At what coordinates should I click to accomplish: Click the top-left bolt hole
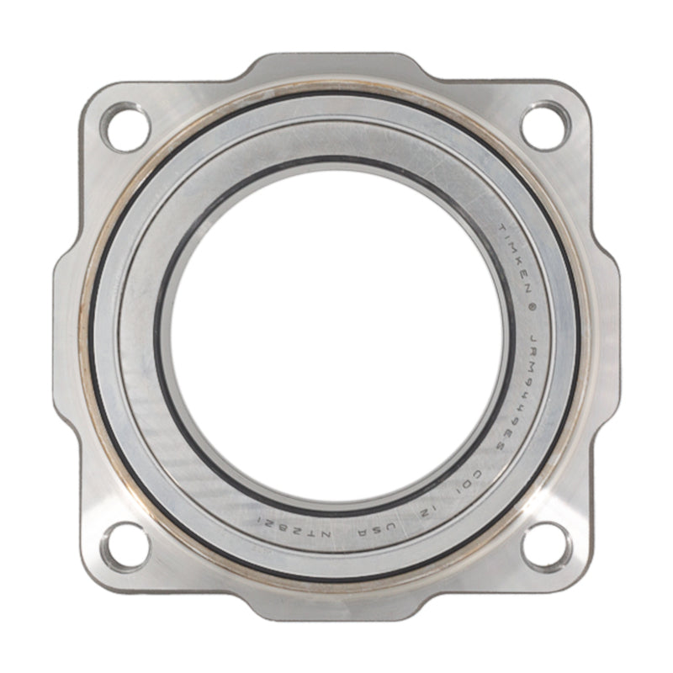[124, 126]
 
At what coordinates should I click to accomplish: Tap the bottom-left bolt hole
[124, 547]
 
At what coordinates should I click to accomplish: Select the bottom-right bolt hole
[547, 547]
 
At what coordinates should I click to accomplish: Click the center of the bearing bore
[336, 336]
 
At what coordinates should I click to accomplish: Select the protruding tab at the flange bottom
[336, 607]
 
